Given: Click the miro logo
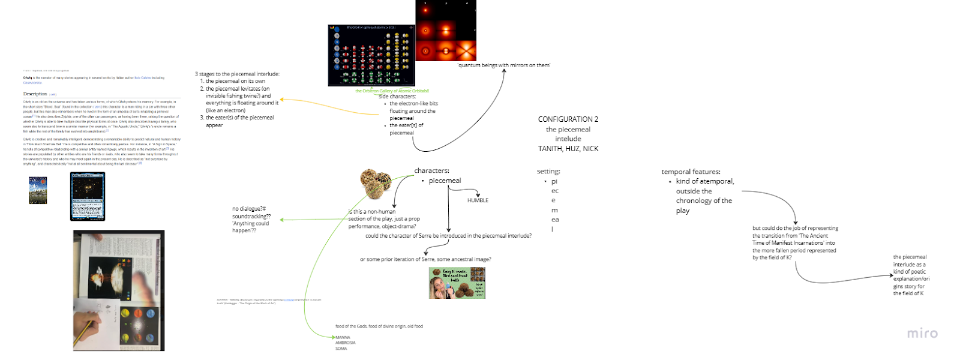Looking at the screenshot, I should (922, 334).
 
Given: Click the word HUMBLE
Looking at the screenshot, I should (478, 200).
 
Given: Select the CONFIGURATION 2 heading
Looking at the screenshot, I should (568, 119).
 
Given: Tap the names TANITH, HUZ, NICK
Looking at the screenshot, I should (568, 149).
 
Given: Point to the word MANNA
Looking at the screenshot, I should (343, 337).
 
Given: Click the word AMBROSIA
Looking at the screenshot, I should (345, 343).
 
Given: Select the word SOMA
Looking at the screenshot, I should (341, 349).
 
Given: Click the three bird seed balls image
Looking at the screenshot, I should (376, 183).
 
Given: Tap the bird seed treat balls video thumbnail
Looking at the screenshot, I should (457, 283).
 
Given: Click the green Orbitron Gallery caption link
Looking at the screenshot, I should (392, 91).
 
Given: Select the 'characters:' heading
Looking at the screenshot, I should (431, 171).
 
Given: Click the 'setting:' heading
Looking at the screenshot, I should (548, 172).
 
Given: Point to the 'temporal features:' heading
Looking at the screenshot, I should (691, 172).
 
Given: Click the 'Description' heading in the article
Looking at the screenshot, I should (35, 94).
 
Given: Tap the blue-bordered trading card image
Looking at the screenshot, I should (88, 196).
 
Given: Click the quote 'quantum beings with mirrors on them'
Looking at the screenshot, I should (503, 65).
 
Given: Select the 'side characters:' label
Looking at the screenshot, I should (397, 97).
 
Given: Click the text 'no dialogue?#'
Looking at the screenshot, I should (249, 209).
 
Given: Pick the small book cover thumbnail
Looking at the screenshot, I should (38, 190).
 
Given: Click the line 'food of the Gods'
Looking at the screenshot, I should (379, 326).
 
